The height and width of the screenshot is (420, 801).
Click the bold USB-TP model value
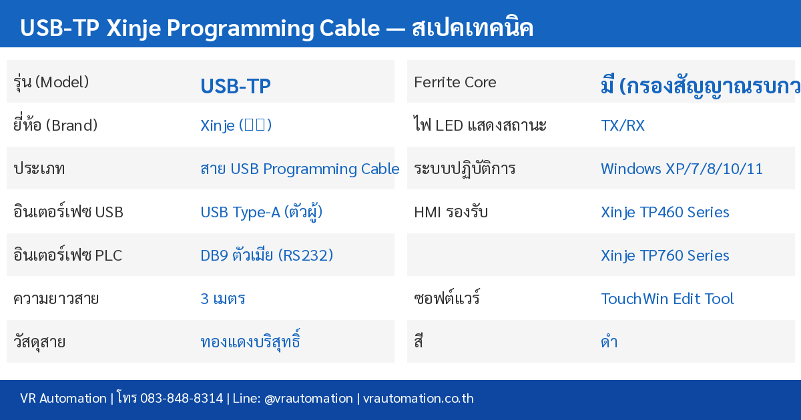(x=235, y=87)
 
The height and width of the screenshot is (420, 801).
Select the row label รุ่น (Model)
(x=51, y=82)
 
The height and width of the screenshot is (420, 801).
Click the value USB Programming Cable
(x=300, y=169)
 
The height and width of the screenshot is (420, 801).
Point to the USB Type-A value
(x=262, y=212)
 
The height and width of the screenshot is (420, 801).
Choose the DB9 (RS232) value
(x=266, y=255)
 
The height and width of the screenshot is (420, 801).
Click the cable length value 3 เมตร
(x=223, y=299)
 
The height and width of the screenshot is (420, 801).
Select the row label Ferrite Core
(x=455, y=82)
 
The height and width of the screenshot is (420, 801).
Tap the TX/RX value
(x=623, y=125)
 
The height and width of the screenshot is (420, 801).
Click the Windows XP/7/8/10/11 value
(x=682, y=169)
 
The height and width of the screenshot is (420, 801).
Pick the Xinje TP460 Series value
(x=665, y=212)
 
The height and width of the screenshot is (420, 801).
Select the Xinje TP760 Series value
(x=665, y=255)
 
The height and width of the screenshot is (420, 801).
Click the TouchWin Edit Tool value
(x=667, y=299)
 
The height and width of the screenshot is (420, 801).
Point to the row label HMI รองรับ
(x=451, y=212)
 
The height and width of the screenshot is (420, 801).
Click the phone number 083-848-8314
(x=180, y=399)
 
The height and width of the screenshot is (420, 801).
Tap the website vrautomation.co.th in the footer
(x=419, y=399)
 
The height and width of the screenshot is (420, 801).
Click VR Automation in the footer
(x=63, y=399)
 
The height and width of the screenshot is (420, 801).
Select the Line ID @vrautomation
(x=308, y=399)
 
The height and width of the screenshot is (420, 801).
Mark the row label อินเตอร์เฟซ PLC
(x=67, y=255)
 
